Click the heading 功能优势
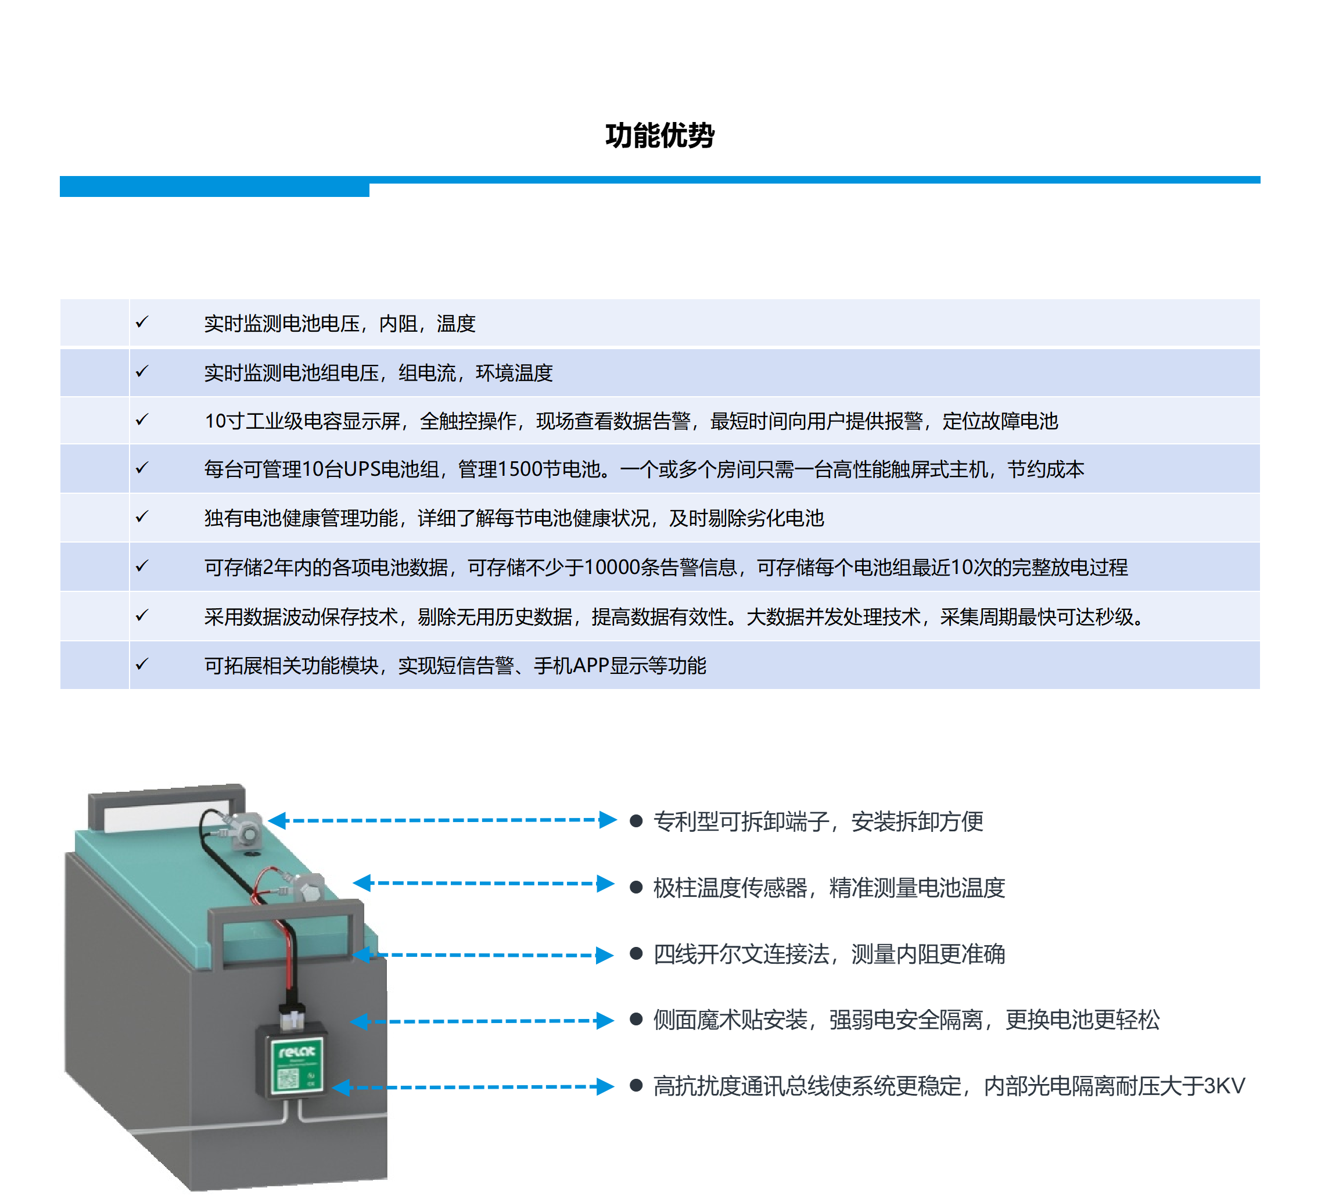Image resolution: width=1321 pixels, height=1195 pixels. [660, 135]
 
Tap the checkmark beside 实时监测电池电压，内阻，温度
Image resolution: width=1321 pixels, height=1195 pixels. [142, 322]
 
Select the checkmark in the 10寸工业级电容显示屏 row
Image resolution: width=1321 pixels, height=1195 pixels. [142, 419]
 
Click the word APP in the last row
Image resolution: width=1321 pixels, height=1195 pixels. [590, 666]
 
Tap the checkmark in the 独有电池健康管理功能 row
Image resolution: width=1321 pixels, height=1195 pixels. [142, 517]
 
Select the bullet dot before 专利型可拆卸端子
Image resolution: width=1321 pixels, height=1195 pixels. [636, 820]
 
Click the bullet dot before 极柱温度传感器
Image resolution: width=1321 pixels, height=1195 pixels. [636, 887]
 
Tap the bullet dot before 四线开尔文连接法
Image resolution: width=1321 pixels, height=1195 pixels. [636, 953]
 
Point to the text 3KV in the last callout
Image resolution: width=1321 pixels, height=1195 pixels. [1224, 1086]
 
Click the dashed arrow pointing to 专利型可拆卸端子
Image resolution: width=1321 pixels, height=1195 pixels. [442, 820]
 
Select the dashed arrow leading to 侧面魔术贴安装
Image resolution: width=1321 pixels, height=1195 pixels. [482, 1021]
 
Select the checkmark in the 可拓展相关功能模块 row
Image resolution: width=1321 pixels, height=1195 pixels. [142, 663]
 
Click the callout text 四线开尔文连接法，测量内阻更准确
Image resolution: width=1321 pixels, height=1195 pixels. [829, 954]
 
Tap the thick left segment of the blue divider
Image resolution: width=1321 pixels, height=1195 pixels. [214, 186]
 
